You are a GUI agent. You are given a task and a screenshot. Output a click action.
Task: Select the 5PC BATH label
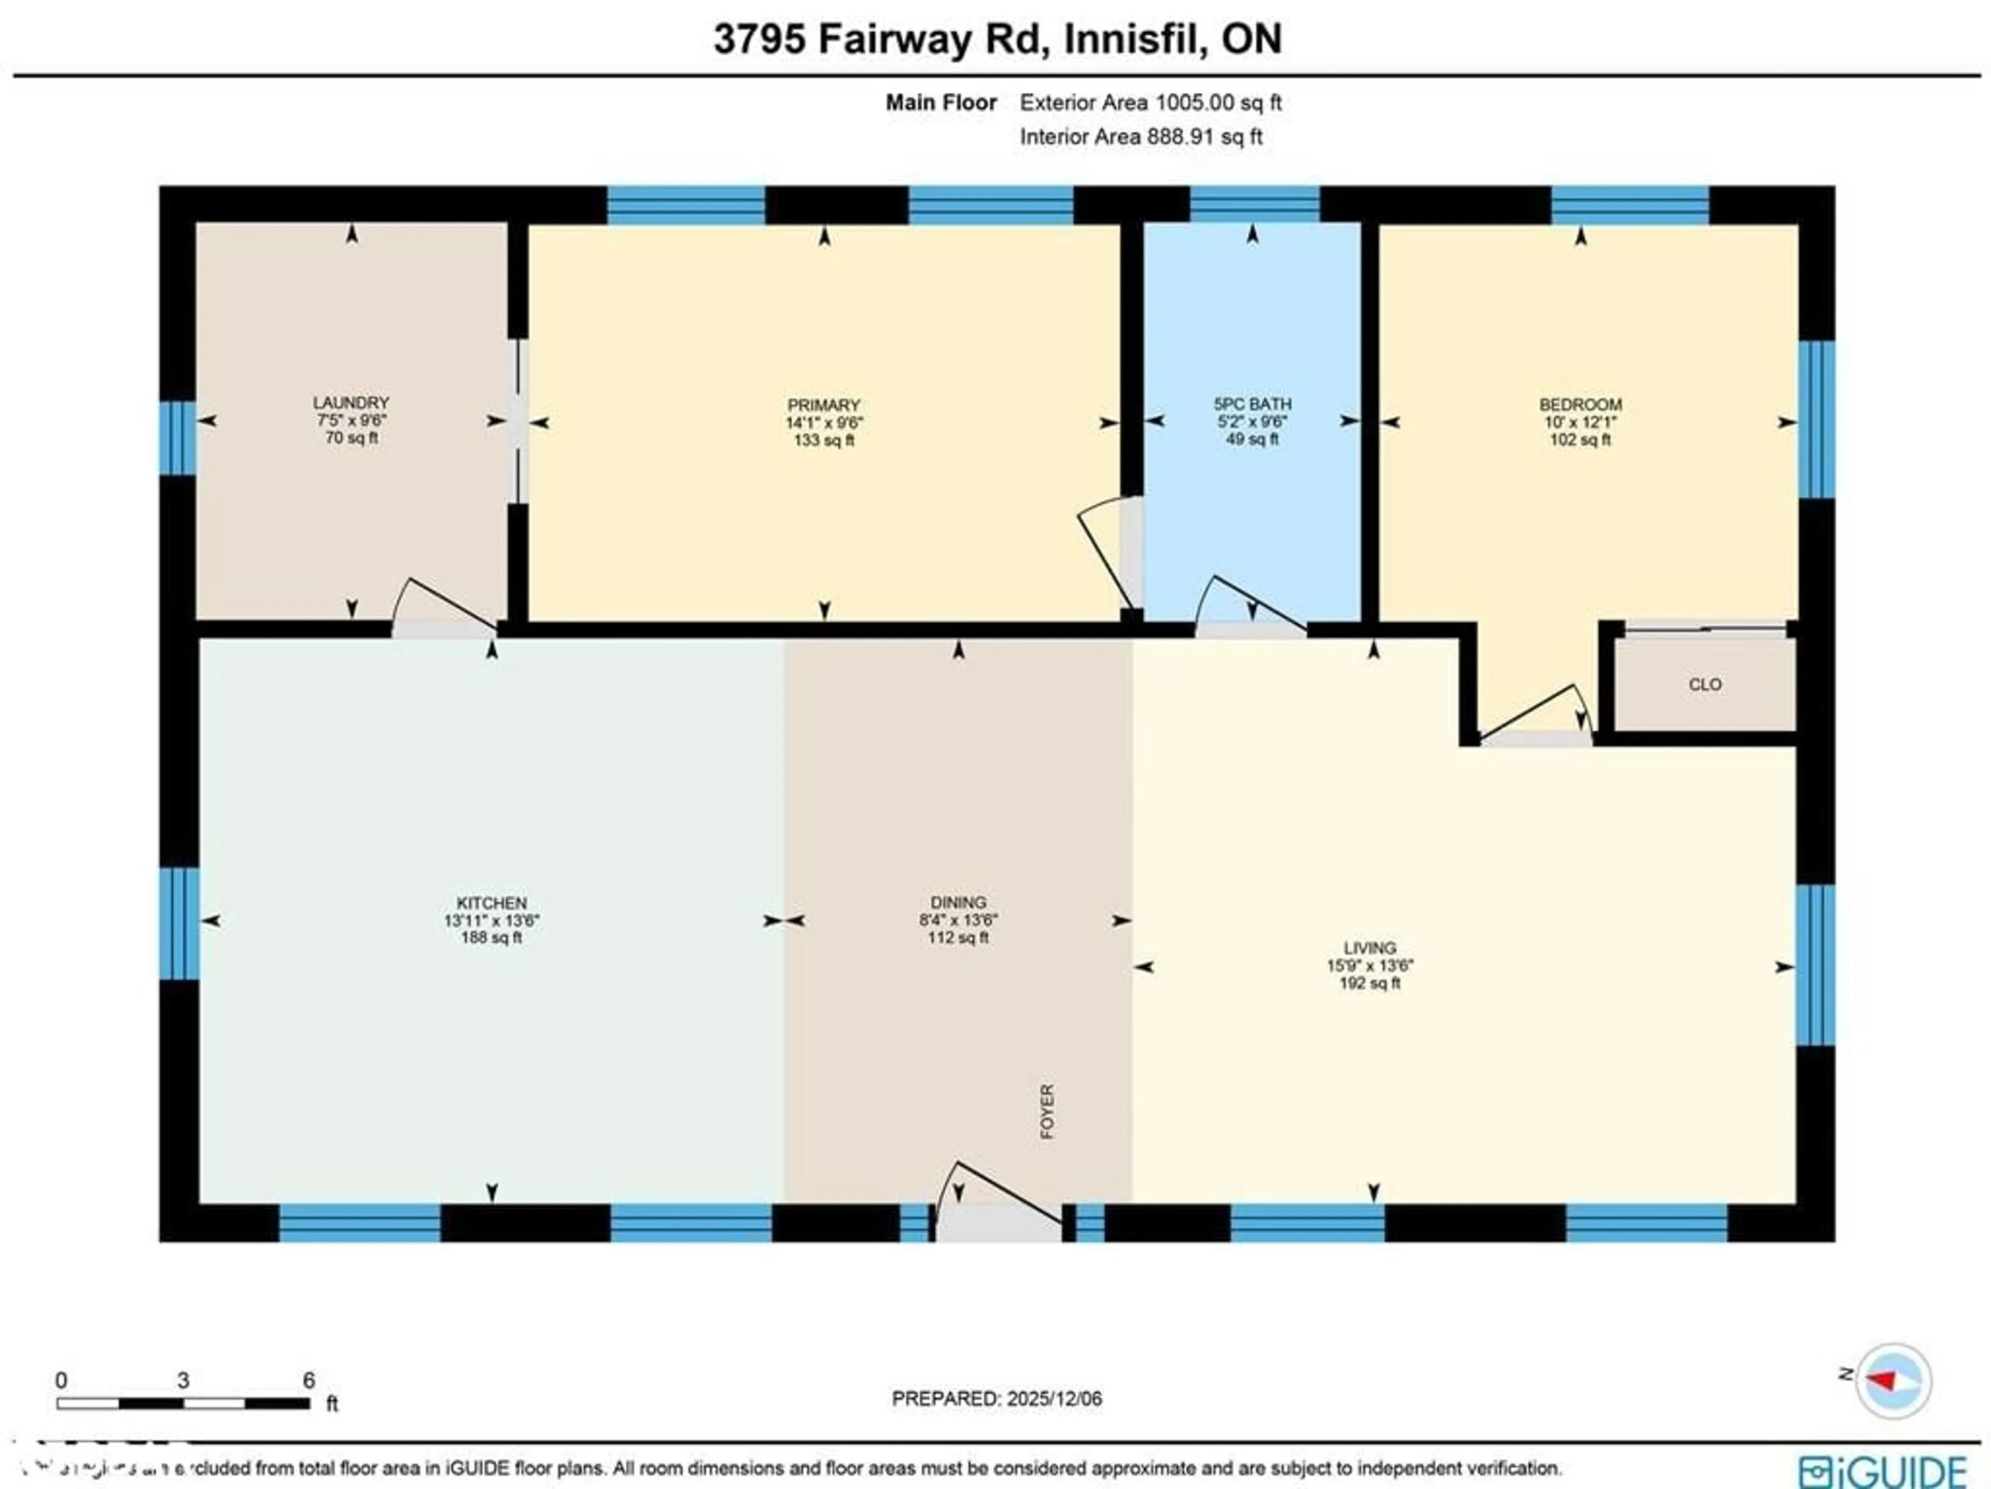[1252, 404]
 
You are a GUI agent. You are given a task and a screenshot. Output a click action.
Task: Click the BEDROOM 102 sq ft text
[1580, 440]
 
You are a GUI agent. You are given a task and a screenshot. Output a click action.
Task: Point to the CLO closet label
[1705, 685]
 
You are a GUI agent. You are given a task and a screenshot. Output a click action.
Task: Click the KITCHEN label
[492, 902]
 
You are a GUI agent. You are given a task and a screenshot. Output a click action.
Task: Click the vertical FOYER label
[1047, 1112]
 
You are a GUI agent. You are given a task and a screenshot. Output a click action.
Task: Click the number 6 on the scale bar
[309, 1380]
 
